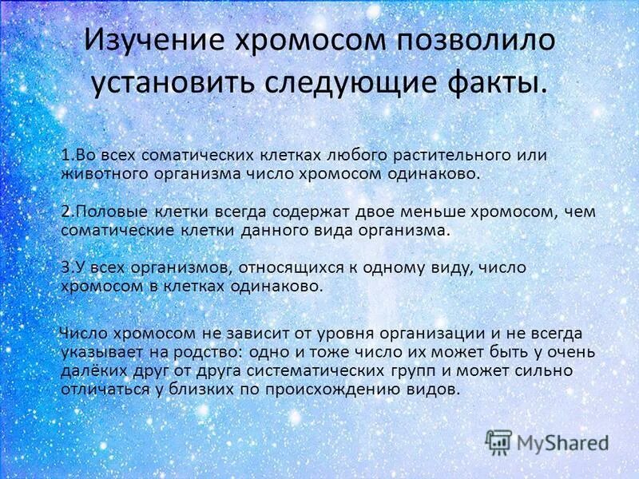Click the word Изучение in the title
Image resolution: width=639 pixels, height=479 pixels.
[x=153, y=42]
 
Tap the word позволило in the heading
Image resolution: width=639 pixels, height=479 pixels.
[x=478, y=42]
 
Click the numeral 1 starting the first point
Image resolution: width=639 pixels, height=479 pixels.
[x=65, y=154]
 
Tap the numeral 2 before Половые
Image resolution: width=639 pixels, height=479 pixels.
[x=65, y=212]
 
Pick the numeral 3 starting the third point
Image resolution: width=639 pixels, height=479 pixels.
[x=65, y=268]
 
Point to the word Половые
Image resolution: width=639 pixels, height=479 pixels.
[x=105, y=212]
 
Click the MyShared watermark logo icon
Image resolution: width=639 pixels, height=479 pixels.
[x=499, y=442]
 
